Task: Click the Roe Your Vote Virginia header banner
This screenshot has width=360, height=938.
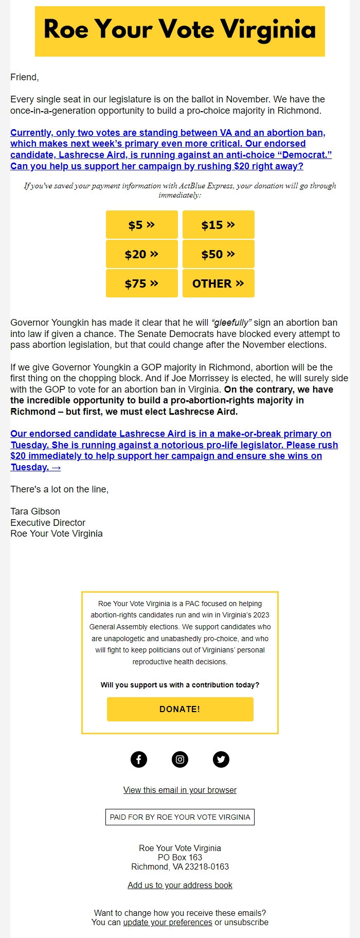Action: pyautogui.click(x=180, y=31)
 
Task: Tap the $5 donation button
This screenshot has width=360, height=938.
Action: pyautogui.click(x=141, y=225)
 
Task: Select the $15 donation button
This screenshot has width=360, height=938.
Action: pyautogui.click(x=218, y=225)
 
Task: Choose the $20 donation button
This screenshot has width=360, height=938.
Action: pyautogui.click(x=141, y=254)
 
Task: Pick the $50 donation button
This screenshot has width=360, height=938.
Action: pyautogui.click(x=218, y=254)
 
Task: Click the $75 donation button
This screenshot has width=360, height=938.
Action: pyautogui.click(x=141, y=284)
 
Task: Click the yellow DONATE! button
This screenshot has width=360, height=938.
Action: pyautogui.click(x=180, y=709)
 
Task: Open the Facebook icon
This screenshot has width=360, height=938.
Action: pyautogui.click(x=139, y=759)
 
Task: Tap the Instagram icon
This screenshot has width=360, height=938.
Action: pyautogui.click(x=180, y=759)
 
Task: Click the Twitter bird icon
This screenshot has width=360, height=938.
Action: pyautogui.click(x=221, y=759)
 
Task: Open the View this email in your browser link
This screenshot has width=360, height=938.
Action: pyautogui.click(x=180, y=790)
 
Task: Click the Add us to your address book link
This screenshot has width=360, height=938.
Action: pyautogui.click(x=180, y=885)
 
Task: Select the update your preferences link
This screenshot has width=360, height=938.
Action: pyautogui.click(x=168, y=922)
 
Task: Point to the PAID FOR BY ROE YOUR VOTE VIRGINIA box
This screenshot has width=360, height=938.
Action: pyautogui.click(x=180, y=817)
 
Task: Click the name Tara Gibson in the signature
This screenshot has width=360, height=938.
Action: pyautogui.click(x=35, y=511)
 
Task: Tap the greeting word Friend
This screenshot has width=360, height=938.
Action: pyautogui.click(x=24, y=77)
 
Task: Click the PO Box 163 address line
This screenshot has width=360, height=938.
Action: pyautogui.click(x=180, y=857)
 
